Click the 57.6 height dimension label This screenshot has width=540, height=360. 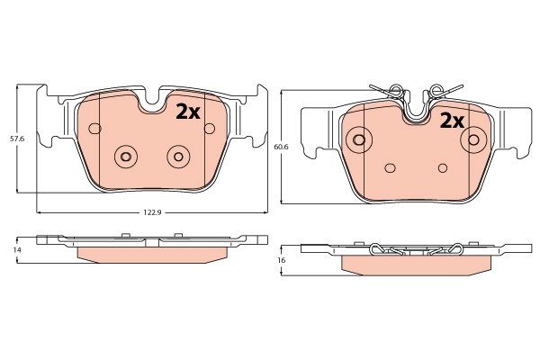coord(15,139)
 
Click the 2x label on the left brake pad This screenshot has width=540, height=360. coord(187,111)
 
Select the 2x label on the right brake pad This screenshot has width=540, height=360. coord(451,120)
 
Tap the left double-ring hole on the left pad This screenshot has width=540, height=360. coord(125,157)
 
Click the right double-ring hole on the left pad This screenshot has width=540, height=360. coord(177,157)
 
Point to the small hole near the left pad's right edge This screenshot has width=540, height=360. coord(209,129)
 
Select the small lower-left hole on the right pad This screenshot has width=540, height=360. coord(390,167)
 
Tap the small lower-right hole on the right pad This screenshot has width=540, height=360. coord(442,167)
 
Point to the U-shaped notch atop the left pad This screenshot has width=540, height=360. coord(153,102)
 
